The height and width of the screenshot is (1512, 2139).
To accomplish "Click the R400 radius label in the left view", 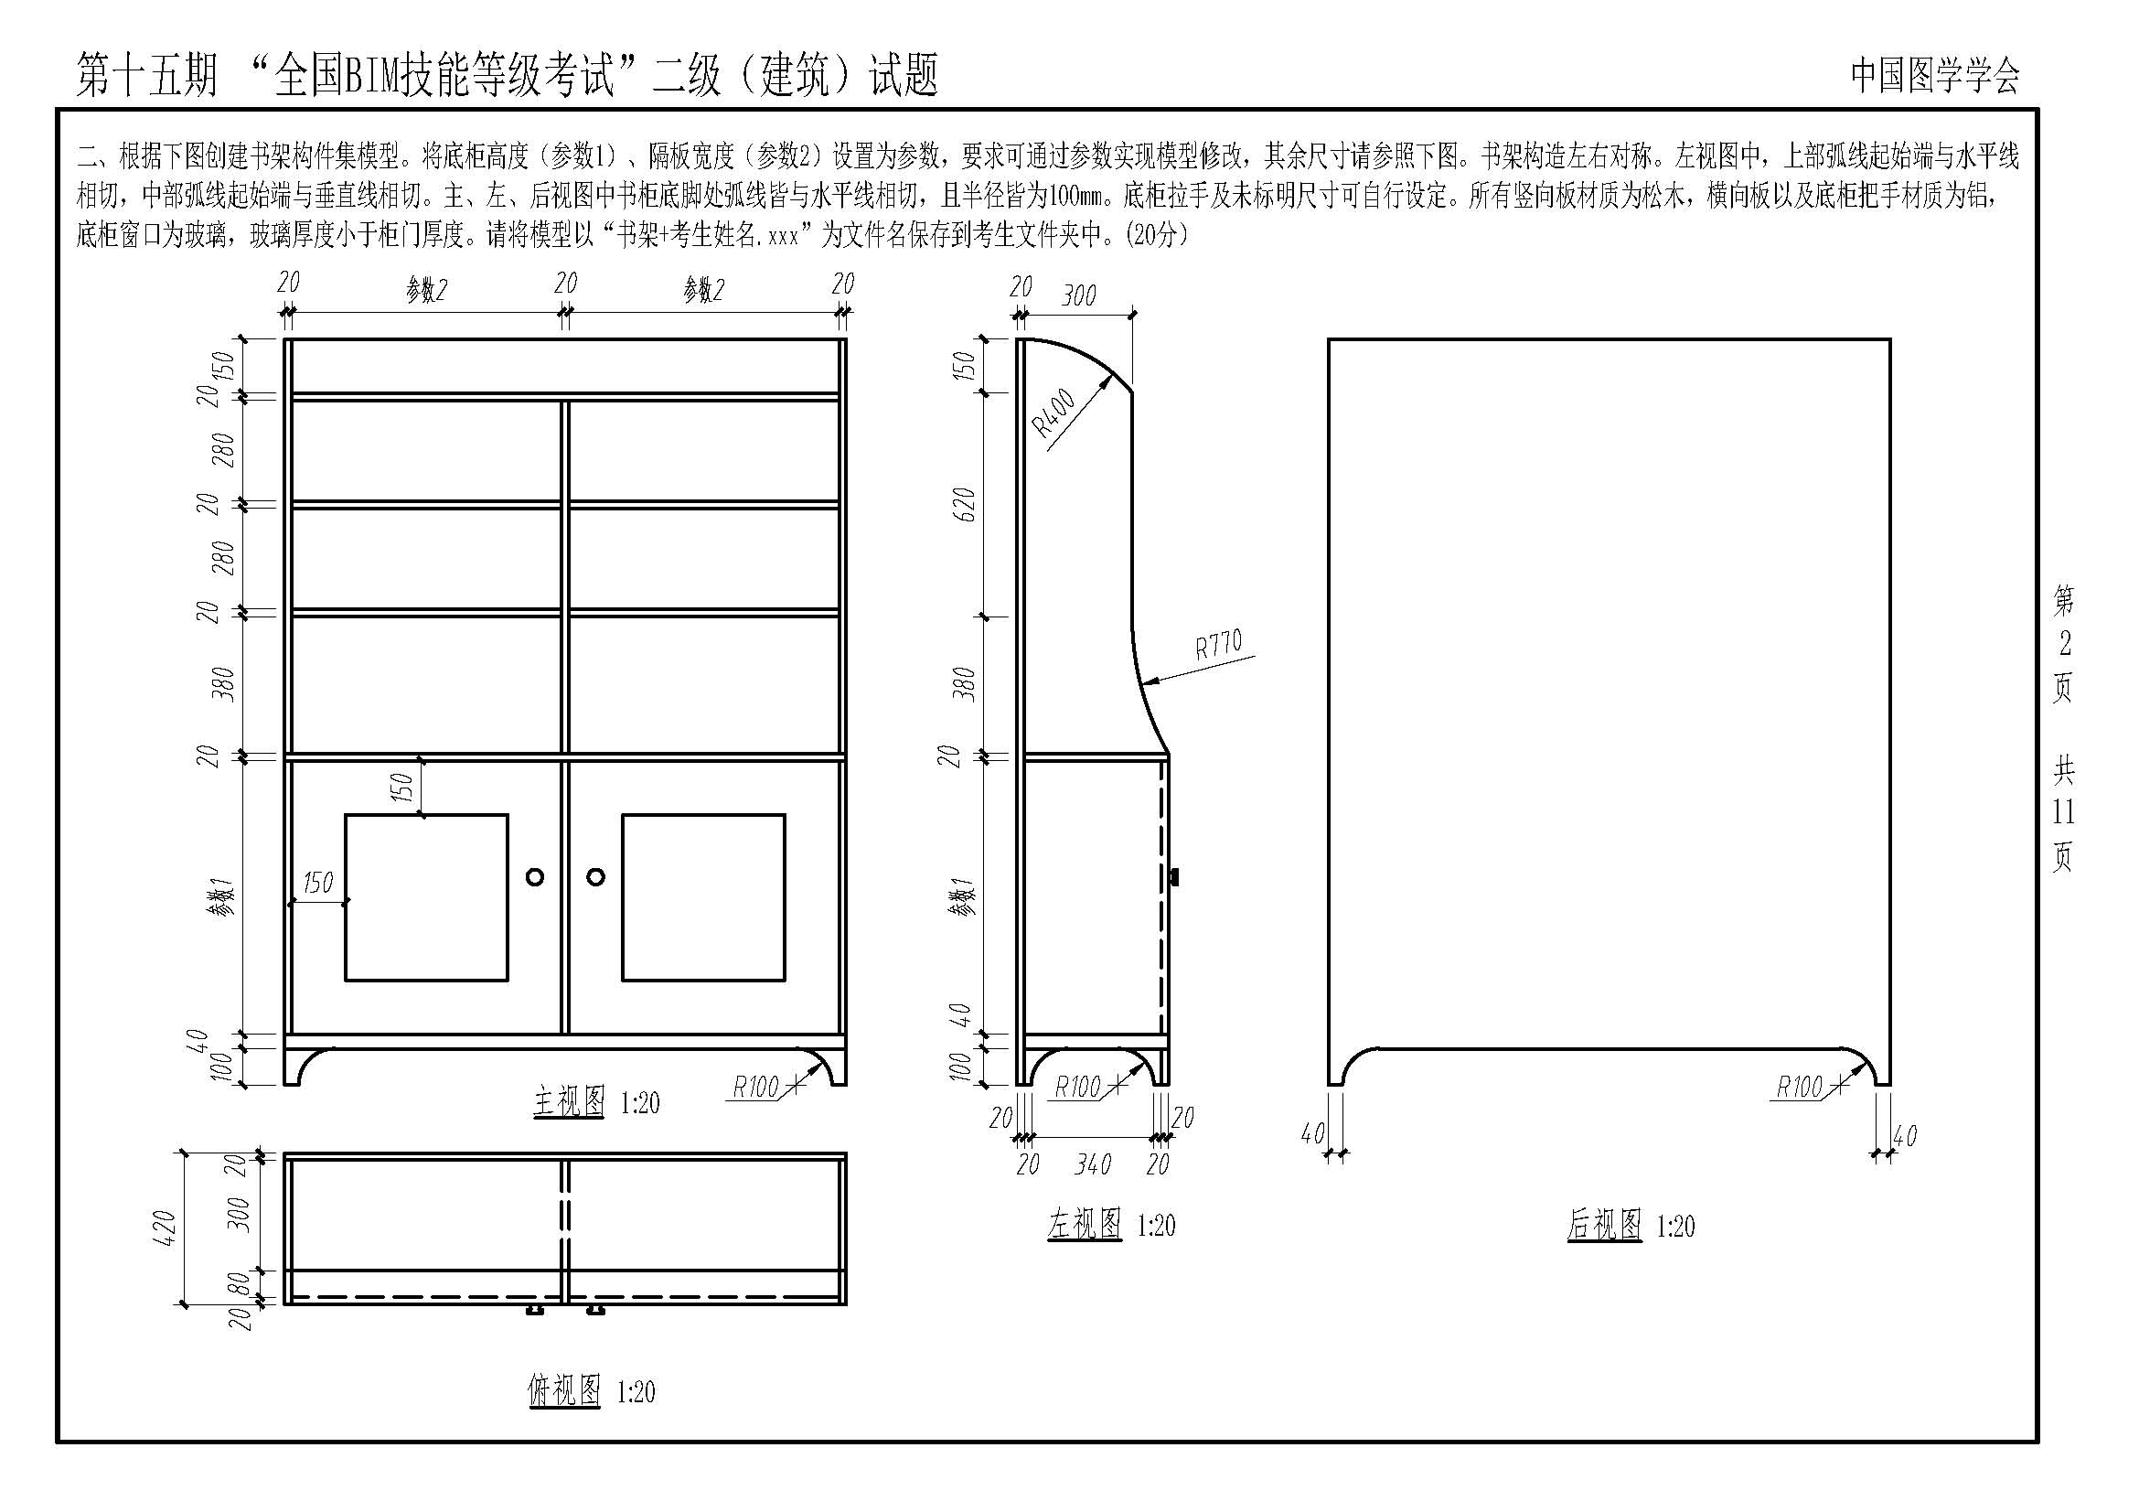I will click(x=1053, y=413).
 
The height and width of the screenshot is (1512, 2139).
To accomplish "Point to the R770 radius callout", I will click(x=1218, y=645).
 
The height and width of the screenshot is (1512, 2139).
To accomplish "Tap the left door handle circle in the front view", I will click(x=535, y=876).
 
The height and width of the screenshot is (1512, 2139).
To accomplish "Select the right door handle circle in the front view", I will click(x=596, y=876).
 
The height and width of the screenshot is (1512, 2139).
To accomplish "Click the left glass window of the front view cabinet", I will click(x=427, y=897).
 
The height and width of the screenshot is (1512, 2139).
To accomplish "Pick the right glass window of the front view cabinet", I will click(x=703, y=897).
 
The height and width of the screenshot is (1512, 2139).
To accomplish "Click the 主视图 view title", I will click(x=569, y=1102).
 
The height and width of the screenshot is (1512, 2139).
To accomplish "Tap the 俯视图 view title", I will click(x=563, y=1391).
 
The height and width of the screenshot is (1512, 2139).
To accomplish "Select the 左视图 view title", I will click(x=1085, y=1224).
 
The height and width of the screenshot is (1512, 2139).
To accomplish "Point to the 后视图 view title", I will click(x=1603, y=1224).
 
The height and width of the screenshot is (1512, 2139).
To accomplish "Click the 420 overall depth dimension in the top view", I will click(x=164, y=1228).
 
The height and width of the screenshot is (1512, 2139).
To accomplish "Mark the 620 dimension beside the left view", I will click(x=966, y=504).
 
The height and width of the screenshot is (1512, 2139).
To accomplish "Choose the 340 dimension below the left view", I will click(x=1092, y=1164).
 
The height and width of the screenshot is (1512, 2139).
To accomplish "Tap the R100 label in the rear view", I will click(x=1799, y=1087).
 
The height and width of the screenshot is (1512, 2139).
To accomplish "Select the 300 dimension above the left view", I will click(x=1079, y=295).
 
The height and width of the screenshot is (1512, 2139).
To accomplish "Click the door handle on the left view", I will click(x=1175, y=876).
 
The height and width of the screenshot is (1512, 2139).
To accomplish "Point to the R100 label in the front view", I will click(x=754, y=1087).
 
